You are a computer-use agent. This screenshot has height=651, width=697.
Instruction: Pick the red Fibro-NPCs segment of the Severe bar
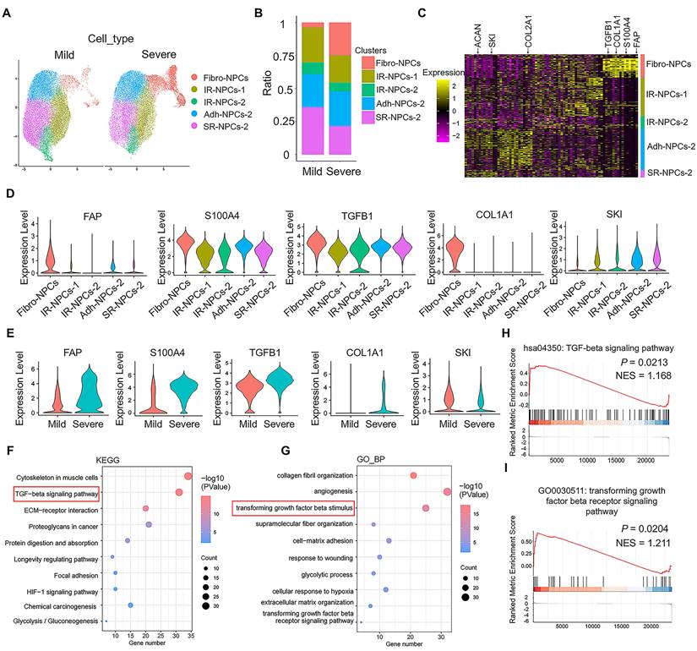pyautogui.click(x=340, y=38)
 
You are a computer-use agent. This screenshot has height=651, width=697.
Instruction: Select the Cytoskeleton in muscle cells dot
pyautogui.click(x=188, y=477)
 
